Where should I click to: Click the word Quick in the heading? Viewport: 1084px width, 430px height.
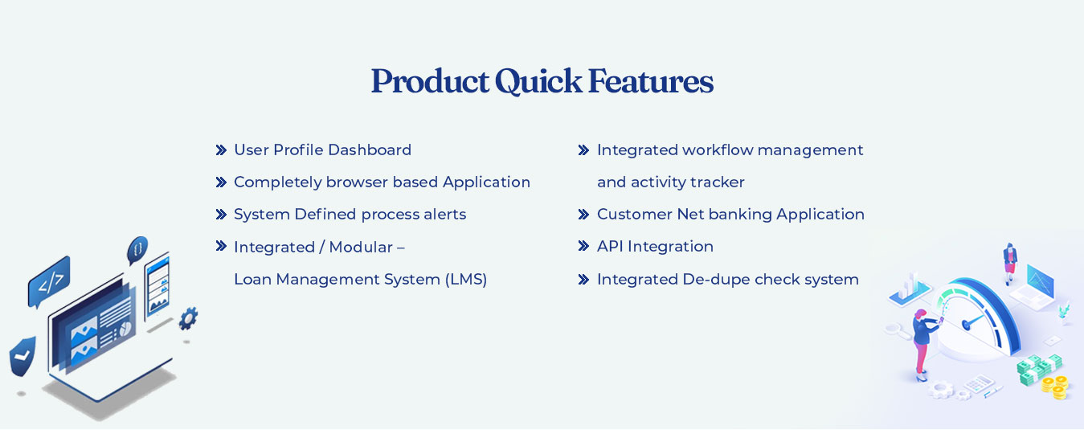tap(538, 81)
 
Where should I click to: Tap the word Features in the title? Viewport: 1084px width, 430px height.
tap(651, 81)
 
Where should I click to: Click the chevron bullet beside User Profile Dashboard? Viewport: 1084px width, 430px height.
tap(221, 150)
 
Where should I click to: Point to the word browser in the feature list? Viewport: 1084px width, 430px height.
tap(357, 182)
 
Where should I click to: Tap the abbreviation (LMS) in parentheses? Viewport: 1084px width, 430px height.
tap(466, 280)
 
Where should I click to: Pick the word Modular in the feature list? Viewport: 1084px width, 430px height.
tap(361, 248)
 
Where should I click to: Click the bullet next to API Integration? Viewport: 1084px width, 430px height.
tap(583, 246)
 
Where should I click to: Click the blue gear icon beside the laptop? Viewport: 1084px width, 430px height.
tap(188, 318)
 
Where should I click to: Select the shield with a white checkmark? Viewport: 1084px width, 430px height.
tap(22, 357)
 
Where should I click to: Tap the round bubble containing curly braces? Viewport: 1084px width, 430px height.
tap(137, 250)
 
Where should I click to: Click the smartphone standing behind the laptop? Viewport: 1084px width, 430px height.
tap(157, 286)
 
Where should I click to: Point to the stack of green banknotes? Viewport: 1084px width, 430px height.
tap(1038, 370)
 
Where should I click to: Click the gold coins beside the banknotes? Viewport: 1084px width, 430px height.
tap(1055, 387)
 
